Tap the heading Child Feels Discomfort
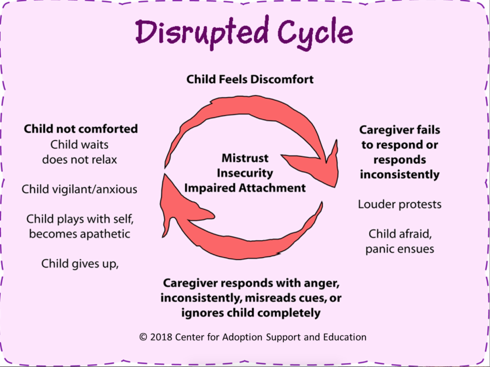[x=250, y=79]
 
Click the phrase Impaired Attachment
[x=245, y=188]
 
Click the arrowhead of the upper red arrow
[x=323, y=167]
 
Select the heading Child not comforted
[x=80, y=129]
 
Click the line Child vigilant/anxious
[x=80, y=189]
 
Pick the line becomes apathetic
[x=80, y=234]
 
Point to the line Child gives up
[x=80, y=263]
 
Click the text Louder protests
[x=400, y=204]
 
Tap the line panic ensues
[x=400, y=249]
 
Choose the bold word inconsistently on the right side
[x=400, y=175]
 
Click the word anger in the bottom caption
[x=321, y=283]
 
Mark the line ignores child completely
[x=251, y=313]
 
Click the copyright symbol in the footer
[x=143, y=337]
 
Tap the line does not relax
[x=80, y=159]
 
